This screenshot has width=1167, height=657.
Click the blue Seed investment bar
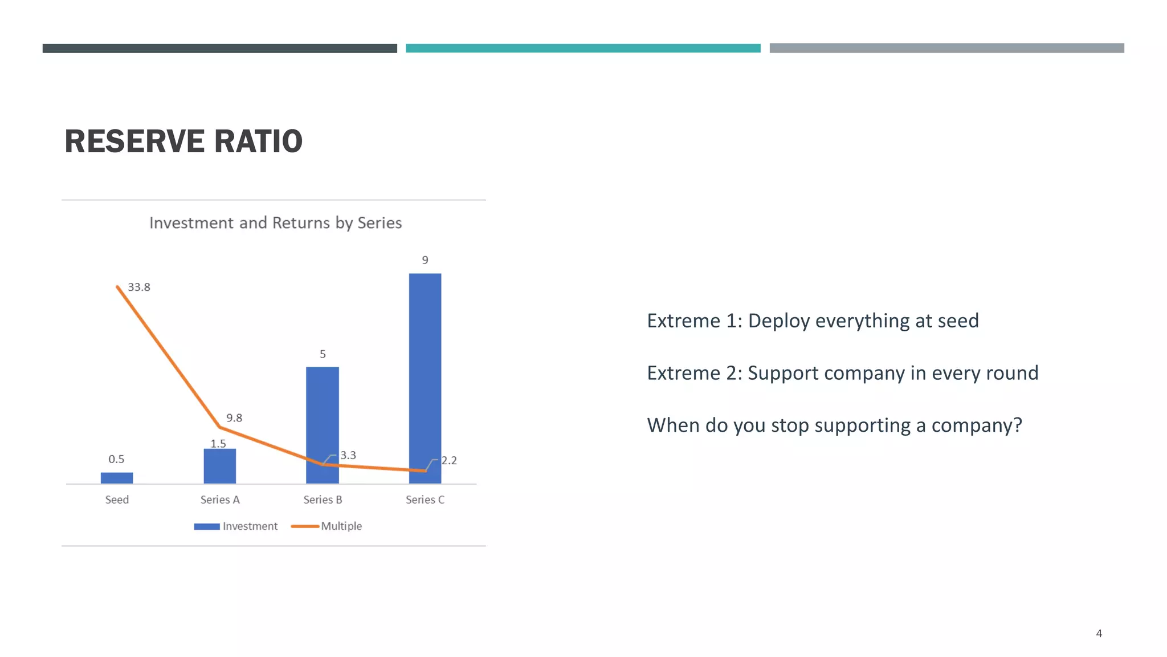(117, 478)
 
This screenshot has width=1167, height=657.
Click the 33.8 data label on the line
(139, 287)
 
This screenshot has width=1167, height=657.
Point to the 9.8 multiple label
(234, 418)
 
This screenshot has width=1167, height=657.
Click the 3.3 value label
(348, 456)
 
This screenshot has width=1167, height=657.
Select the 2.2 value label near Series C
(449, 461)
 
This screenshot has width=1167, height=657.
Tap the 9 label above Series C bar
(425, 261)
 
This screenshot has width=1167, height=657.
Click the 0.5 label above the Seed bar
(116, 459)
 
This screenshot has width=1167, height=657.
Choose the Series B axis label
(323, 500)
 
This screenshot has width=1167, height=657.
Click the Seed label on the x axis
(117, 500)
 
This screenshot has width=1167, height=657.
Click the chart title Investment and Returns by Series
(275, 223)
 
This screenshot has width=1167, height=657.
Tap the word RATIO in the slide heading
(258, 141)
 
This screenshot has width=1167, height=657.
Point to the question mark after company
(1018, 425)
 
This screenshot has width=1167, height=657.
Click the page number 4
(1099, 634)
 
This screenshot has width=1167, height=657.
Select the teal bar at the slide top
(583, 48)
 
